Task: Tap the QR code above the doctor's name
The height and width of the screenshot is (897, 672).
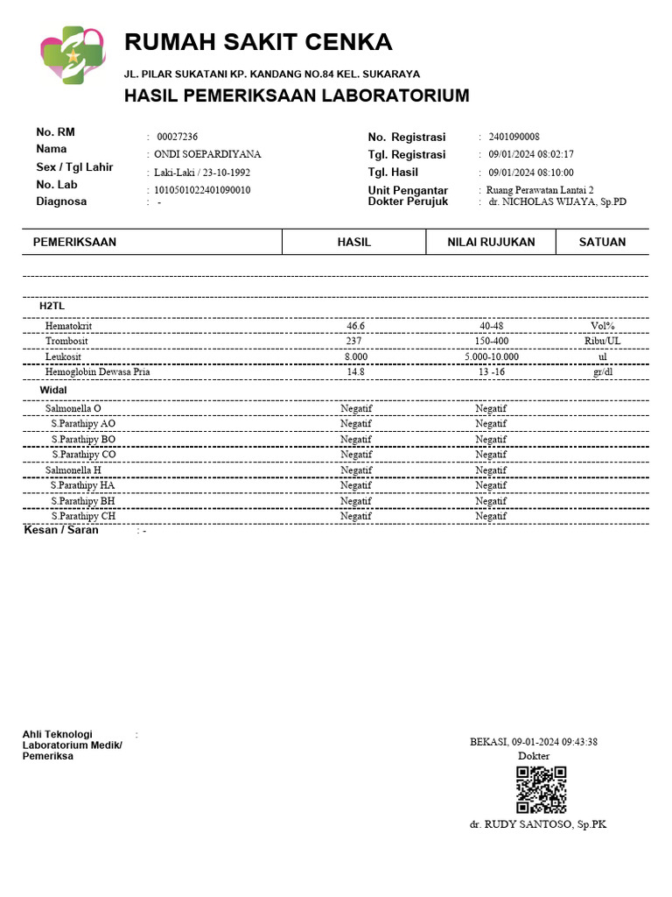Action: click(541, 790)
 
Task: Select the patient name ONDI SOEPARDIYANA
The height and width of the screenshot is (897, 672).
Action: click(207, 154)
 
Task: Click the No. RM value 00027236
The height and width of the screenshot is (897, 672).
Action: click(177, 137)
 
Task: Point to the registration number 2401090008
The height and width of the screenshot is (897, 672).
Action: click(514, 137)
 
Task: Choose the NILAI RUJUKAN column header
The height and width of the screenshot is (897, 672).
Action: click(490, 242)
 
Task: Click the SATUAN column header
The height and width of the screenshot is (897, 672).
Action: click(602, 242)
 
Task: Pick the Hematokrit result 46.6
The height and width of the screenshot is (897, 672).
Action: click(355, 326)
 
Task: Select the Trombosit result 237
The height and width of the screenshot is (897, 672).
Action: click(354, 341)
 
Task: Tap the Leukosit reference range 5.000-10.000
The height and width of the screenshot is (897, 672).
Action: click(492, 357)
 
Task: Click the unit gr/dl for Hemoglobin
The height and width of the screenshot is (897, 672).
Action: click(602, 371)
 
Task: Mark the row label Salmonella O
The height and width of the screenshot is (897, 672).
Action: click(73, 408)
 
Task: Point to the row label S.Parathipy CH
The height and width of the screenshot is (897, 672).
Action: click(83, 516)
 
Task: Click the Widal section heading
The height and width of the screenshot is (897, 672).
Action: click(53, 389)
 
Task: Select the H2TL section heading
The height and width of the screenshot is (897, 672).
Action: click(52, 306)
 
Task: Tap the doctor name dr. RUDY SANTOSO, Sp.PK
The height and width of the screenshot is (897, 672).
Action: click(537, 825)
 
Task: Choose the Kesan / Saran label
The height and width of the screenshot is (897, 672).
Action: click(60, 530)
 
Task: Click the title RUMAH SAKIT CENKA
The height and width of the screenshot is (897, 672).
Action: click(258, 42)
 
